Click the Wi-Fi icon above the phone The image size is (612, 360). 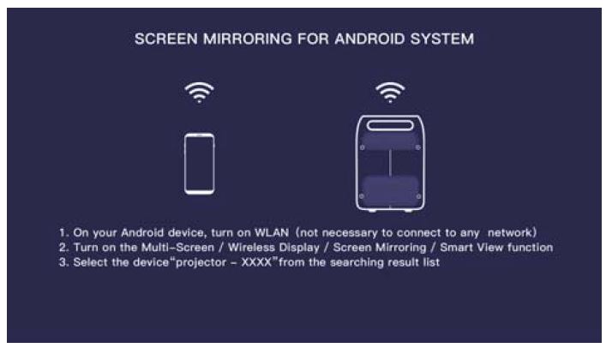[199, 92]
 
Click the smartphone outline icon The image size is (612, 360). [199, 163]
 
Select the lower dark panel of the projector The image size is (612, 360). [390, 189]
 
